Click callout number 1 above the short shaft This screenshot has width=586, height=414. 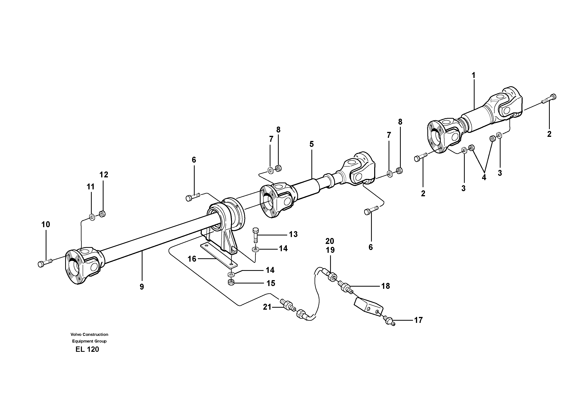pyautogui.click(x=473, y=76)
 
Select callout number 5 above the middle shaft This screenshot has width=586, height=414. pyautogui.click(x=311, y=144)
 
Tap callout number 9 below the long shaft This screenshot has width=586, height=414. pyautogui.click(x=142, y=287)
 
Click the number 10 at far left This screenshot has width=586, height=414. pyautogui.click(x=46, y=225)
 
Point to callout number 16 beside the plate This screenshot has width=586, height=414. pyautogui.click(x=192, y=259)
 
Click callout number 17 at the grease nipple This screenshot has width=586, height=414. pyautogui.click(x=418, y=320)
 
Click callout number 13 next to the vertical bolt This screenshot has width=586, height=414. pyautogui.click(x=293, y=234)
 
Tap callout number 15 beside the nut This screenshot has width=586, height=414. pyautogui.click(x=271, y=283)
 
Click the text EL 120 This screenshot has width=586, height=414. pyautogui.click(x=87, y=349)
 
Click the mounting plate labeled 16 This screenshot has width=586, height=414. pyautogui.click(x=219, y=255)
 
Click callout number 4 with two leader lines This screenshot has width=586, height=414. pyautogui.click(x=484, y=177)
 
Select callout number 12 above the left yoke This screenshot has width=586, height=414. pyautogui.click(x=104, y=175)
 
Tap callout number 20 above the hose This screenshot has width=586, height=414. pyautogui.click(x=330, y=241)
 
